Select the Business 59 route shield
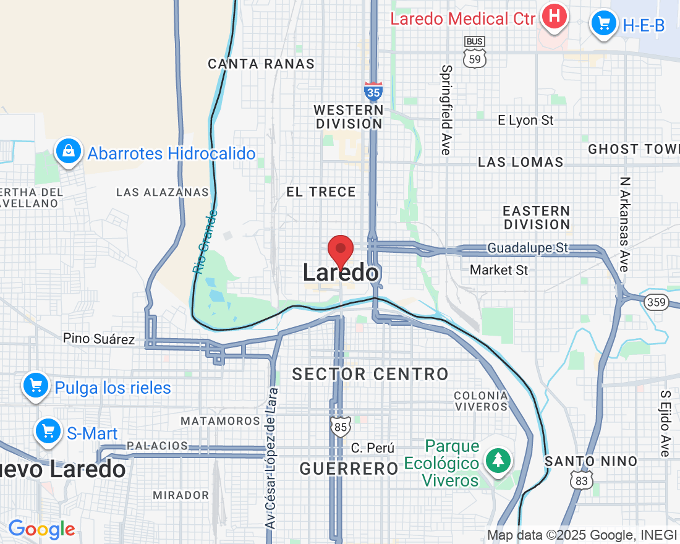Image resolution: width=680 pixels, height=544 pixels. click(x=474, y=52)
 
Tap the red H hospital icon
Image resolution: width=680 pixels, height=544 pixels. click(x=555, y=17)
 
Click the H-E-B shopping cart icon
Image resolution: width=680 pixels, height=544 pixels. click(x=604, y=23)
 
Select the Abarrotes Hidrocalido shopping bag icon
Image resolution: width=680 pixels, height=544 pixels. click(x=69, y=151)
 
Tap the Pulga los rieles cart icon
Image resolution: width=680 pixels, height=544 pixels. click(x=36, y=386)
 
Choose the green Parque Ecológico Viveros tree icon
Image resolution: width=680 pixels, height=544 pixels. click(x=498, y=460)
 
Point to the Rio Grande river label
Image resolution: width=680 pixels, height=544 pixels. click(x=205, y=242)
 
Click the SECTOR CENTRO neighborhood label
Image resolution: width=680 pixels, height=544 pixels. click(x=370, y=374)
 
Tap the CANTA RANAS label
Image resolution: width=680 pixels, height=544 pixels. click(x=261, y=64)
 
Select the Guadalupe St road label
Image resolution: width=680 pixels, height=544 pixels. click(x=527, y=248)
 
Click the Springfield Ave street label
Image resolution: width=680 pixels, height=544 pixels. click(x=447, y=109)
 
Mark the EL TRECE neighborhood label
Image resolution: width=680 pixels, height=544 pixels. click(x=321, y=192)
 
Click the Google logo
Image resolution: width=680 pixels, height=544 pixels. click(x=41, y=530)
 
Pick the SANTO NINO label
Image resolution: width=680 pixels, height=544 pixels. click(x=590, y=461)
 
